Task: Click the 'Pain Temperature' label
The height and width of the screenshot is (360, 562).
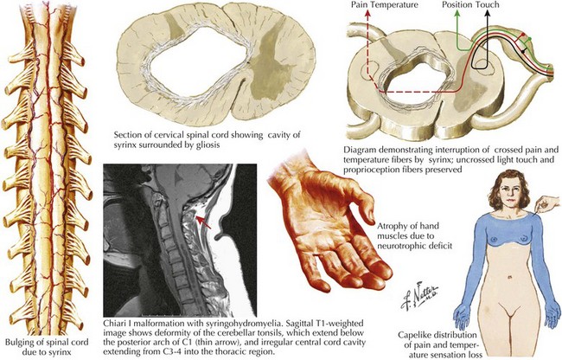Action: coord(384,5)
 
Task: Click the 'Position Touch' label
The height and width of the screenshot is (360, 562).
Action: coord(470,5)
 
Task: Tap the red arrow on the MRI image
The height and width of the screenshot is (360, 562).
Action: coord(202,222)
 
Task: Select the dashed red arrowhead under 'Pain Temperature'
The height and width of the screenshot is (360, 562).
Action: coord(367,14)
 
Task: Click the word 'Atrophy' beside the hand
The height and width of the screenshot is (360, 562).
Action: coord(390,226)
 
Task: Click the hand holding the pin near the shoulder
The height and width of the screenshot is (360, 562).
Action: coord(547,204)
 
